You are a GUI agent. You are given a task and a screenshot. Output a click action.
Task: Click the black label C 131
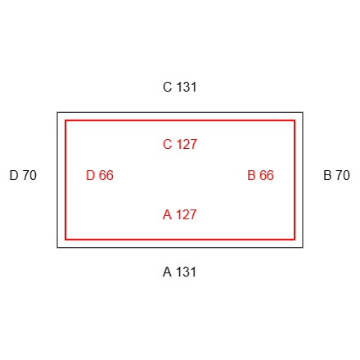[x=180, y=87]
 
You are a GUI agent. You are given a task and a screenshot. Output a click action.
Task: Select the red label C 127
[x=180, y=144]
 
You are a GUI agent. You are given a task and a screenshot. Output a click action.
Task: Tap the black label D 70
[x=23, y=175]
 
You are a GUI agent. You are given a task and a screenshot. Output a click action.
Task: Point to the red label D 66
[x=100, y=175]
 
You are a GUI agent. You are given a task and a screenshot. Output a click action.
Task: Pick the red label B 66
[x=260, y=175]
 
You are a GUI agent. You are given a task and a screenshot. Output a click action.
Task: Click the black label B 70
[x=336, y=175]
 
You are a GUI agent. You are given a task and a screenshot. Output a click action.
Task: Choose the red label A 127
[x=180, y=214]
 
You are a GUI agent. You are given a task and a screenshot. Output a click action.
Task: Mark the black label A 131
[x=180, y=272]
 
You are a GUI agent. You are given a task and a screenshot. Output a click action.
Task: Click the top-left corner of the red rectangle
[x=65, y=120]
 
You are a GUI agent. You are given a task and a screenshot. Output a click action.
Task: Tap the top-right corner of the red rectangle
[x=295, y=120]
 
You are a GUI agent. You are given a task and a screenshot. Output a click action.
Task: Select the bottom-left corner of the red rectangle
[x=65, y=240]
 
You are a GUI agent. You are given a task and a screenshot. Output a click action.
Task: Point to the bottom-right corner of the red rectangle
[x=295, y=240]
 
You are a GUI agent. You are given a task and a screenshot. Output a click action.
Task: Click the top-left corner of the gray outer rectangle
[x=57, y=112]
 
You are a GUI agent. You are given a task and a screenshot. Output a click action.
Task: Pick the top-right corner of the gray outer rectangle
[x=303, y=112]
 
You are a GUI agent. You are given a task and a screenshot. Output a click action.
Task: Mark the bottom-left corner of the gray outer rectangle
[x=57, y=248]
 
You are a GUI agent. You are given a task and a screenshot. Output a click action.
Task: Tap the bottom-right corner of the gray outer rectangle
[x=303, y=248]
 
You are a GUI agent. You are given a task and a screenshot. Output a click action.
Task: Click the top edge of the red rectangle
[x=180, y=120]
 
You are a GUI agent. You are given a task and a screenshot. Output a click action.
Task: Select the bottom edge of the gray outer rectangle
[x=180, y=248]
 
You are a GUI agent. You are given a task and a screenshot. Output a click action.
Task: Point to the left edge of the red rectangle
[x=65, y=180]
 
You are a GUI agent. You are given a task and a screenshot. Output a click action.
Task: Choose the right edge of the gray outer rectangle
[x=303, y=180]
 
